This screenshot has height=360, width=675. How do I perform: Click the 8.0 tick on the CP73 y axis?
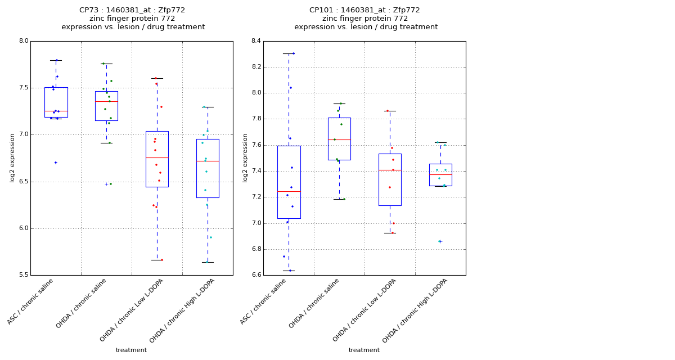(x=23, y=41)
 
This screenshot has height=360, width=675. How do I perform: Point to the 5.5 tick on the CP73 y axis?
(x=23, y=275)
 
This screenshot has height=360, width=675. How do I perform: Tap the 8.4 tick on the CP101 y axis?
(x=256, y=41)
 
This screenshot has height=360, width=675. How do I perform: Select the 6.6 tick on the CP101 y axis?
(x=256, y=275)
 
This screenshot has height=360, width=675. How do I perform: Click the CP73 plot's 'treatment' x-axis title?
(x=131, y=350)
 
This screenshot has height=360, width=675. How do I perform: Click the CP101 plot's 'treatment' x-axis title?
(x=364, y=350)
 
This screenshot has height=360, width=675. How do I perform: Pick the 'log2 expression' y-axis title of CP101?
(x=245, y=157)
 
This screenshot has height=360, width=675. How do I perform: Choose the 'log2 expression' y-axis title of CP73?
(x=12, y=157)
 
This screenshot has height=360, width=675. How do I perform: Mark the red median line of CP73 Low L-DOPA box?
(x=157, y=157)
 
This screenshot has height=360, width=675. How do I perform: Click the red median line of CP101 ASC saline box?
(x=289, y=191)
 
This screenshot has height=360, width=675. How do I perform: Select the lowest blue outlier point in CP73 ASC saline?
(x=56, y=163)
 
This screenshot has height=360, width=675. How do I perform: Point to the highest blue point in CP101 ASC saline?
(x=293, y=53)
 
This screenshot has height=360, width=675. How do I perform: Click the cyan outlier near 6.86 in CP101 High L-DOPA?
(x=439, y=241)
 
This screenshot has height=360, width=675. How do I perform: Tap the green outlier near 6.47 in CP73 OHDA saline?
(x=110, y=184)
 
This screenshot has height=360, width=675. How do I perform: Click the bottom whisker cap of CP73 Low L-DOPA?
(x=157, y=260)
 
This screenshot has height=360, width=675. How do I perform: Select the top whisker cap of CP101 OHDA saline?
(x=339, y=103)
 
